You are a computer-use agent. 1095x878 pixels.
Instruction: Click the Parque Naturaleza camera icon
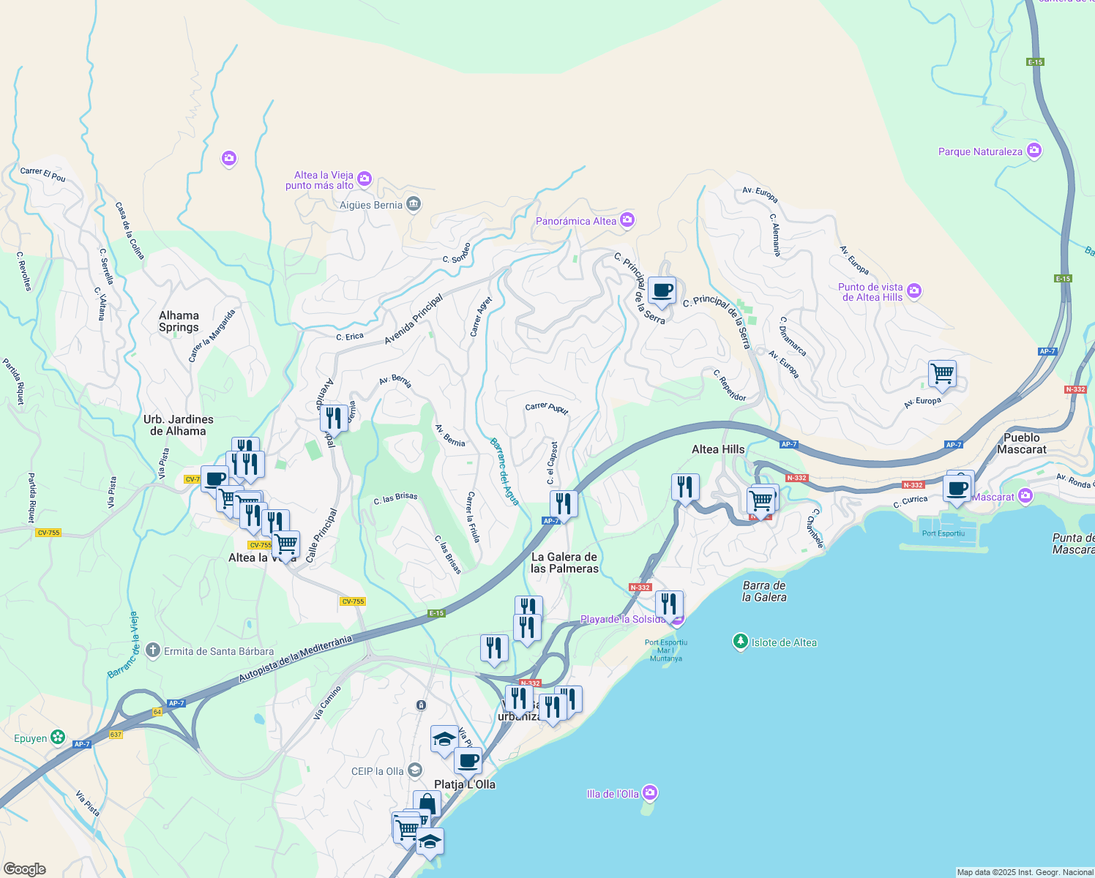click(x=1034, y=151)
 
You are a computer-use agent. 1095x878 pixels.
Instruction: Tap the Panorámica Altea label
click(x=576, y=221)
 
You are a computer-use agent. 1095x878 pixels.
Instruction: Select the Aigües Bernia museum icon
click(x=414, y=204)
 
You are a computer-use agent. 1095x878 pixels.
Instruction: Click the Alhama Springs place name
click(x=179, y=321)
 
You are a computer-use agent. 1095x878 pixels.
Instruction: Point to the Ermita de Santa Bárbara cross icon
click(x=152, y=650)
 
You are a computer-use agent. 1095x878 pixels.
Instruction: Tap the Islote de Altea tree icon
click(x=741, y=642)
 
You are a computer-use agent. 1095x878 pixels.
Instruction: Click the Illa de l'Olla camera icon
click(x=649, y=793)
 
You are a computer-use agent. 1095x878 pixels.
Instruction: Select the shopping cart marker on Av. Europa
click(x=942, y=374)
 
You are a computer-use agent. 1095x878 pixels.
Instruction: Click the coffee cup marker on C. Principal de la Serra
click(x=662, y=290)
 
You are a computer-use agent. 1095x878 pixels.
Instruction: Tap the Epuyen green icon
click(x=58, y=738)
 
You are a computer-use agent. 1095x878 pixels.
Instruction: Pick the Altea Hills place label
click(x=718, y=449)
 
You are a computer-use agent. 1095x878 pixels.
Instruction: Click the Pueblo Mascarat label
click(x=1021, y=443)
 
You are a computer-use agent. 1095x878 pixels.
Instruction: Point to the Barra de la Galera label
click(x=764, y=591)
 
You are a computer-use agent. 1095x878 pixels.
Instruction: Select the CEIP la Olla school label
click(x=377, y=771)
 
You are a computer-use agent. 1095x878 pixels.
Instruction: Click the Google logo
click(x=25, y=868)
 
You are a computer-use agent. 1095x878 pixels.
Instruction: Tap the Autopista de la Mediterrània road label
click(x=295, y=659)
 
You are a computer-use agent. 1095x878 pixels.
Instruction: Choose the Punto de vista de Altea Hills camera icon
click(x=913, y=291)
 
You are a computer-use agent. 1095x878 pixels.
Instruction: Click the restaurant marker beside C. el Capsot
click(x=563, y=503)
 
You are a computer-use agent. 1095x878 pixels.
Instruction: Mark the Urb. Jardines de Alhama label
click(x=179, y=425)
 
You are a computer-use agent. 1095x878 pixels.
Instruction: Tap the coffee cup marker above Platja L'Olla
click(x=468, y=760)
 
